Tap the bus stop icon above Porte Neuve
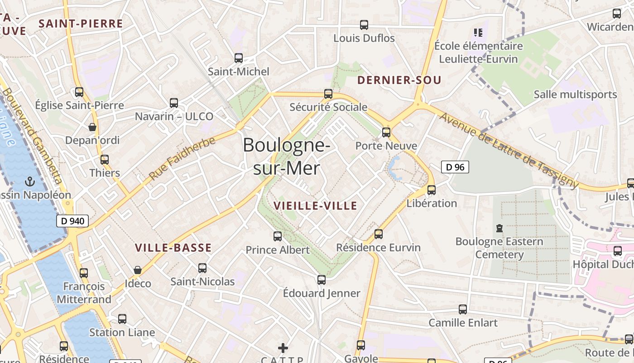click(386, 132)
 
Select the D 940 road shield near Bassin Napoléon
click(72, 221)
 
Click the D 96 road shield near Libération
click(455, 167)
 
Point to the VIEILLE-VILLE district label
click(316, 206)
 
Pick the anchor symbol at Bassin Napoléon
click(30, 181)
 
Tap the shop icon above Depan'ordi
click(92, 127)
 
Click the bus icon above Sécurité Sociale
click(328, 94)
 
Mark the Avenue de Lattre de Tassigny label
click(509, 151)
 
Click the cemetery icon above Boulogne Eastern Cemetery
click(499, 228)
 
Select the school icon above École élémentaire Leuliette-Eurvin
click(478, 32)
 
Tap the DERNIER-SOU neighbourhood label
click(399, 81)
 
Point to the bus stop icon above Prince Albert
click(278, 236)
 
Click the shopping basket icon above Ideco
click(138, 270)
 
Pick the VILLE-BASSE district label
click(173, 248)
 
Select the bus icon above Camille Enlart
click(463, 309)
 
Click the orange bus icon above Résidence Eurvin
click(379, 234)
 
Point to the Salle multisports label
click(575, 94)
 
